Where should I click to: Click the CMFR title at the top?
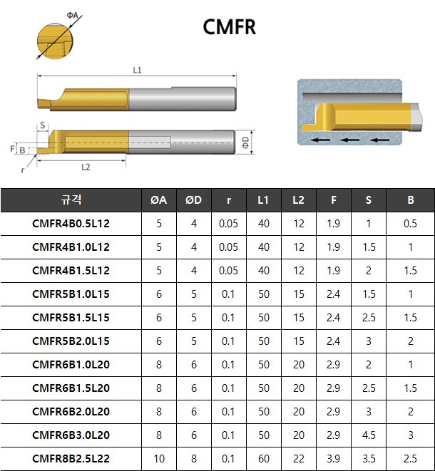pos(229,27)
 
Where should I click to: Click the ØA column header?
pos(159,200)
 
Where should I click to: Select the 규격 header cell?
pos(71,200)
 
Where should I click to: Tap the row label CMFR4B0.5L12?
pos(71,224)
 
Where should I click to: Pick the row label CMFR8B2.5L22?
pos(71,459)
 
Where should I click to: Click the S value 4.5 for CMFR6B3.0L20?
pos(369,435)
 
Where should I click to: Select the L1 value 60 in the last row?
pos(264,459)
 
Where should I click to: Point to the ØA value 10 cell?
pos(159,459)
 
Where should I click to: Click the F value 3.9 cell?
pos(334,459)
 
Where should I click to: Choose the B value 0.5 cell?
pos(411,224)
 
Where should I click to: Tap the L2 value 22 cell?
pos(299,459)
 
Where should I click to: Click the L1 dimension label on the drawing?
pos(138,70)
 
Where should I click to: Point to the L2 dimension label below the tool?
pos(86,167)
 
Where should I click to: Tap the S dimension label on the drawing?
pos(43,125)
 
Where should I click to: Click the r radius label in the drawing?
pos(23,170)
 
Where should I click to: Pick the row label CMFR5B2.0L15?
pos(71,341)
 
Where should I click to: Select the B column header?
pos(411,200)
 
